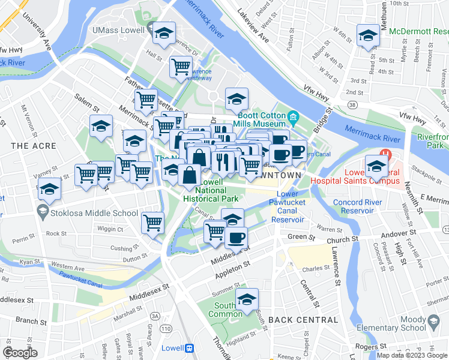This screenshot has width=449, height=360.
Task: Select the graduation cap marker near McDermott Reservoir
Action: (x=367, y=35)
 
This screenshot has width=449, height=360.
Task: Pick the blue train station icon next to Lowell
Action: (x=189, y=348)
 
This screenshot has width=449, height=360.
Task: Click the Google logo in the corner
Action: (x=20, y=353)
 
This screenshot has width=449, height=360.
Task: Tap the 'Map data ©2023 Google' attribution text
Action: (x=411, y=355)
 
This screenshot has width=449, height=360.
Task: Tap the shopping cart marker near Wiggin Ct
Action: (x=153, y=223)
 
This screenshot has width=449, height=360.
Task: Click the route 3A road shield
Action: (x=155, y=316)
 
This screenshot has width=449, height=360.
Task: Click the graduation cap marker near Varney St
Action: (x=49, y=189)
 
